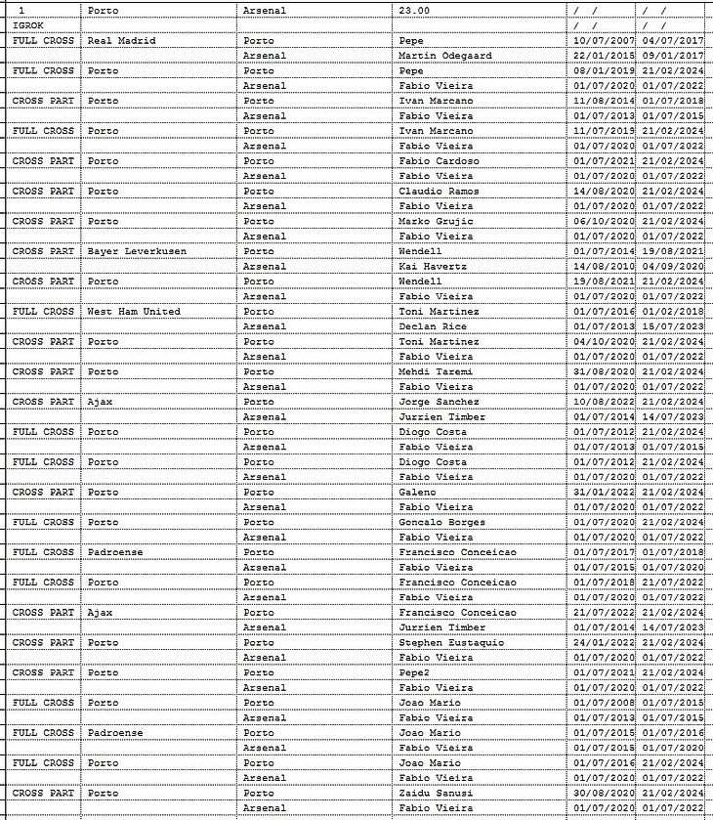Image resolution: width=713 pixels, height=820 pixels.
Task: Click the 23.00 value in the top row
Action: coord(414,10)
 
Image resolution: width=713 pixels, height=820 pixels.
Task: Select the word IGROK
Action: coord(28,24)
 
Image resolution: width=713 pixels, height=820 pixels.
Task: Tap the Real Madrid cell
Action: coord(121,40)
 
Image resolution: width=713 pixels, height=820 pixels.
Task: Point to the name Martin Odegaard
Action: coord(445,56)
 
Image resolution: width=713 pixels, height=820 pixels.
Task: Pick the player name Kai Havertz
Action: coord(432,266)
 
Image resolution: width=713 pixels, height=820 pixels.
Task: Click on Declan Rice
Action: coord(432,326)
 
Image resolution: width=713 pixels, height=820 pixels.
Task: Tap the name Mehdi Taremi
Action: coord(435,371)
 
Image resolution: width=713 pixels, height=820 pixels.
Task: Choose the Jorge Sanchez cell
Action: coord(439,402)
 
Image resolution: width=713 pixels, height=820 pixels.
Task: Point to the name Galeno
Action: coord(418,492)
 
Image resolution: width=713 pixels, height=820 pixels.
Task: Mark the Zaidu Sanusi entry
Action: coord(436,793)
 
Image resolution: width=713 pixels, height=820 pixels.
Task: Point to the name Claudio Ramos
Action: coord(439,191)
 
